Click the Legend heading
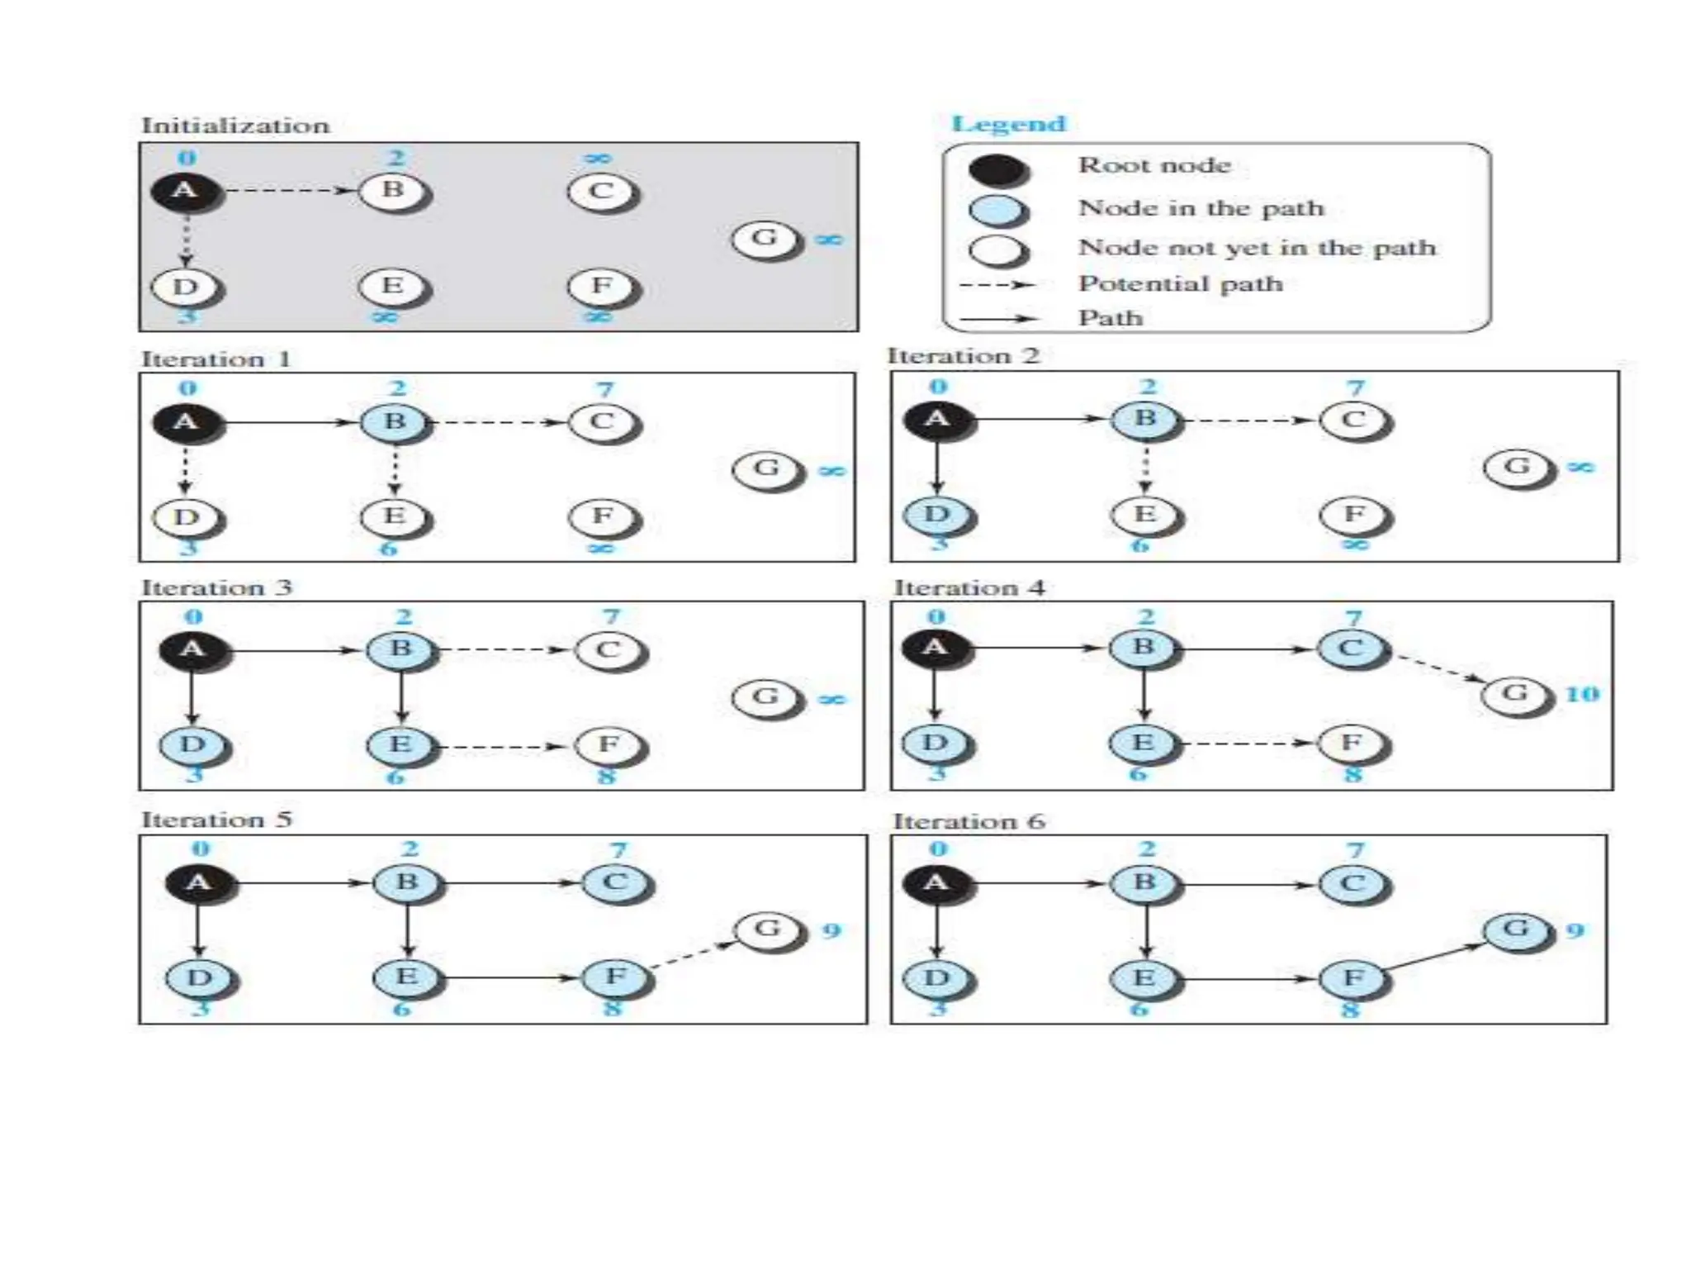(x=1008, y=124)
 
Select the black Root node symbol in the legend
(x=997, y=169)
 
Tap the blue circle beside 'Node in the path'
(x=997, y=210)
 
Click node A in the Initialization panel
(x=185, y=192)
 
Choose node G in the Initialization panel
(x=765, y=239)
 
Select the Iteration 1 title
(x=216, y=359)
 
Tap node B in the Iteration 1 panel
(x=396, y=422)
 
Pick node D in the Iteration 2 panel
(x=937, y=516)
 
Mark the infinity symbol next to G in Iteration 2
(x=1580, y=468)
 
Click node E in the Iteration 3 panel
(x=400, y=745)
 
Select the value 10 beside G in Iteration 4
(x=1582, y=694)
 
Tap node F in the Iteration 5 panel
(x=615, y=977)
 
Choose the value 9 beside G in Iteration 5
(x=831, y=931)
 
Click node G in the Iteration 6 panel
(x=1516, y=930)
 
